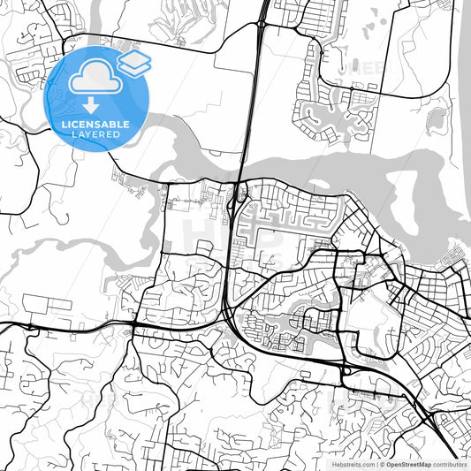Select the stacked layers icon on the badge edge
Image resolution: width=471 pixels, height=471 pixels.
[x=134, y=61]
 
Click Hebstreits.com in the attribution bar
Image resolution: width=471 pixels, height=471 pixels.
[x=353, y=463]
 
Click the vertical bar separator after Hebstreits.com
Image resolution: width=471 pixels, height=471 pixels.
[x=376, y=463]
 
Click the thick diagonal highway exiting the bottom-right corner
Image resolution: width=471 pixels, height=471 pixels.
[x=446, y=446]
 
